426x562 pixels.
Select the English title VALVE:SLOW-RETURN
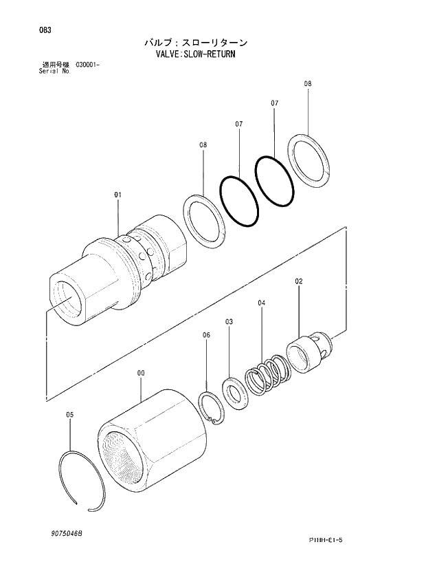[196, 53]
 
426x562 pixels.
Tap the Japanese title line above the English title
[196, 42]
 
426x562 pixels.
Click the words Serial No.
[54, 70]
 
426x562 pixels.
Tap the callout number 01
[117, 195]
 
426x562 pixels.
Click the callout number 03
[229, 321]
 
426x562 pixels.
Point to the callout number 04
[262, 303]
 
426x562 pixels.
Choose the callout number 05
[69, 414]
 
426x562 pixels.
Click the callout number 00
[140, 373]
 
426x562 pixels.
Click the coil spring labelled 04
[265, 375]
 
